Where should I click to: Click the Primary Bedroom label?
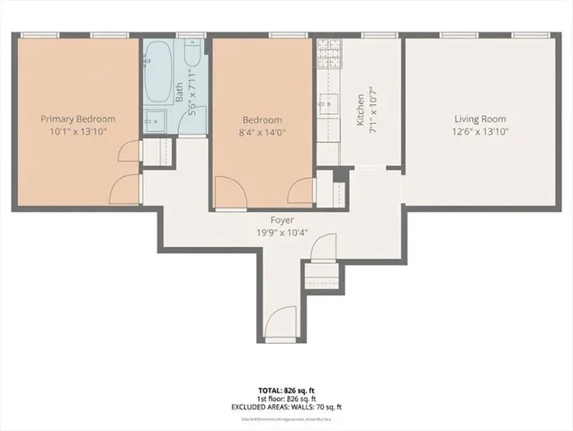(x=76, y=118)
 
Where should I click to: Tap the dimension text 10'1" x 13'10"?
(x=76, y=131)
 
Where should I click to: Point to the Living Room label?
(x=479, y=119)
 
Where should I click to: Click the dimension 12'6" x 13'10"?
(x=479, y=132)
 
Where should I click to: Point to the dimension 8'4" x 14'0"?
(x=262, y=132)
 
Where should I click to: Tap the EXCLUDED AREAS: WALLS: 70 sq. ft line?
(x=285, y=407)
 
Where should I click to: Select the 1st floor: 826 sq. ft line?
(x=285, y=400)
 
